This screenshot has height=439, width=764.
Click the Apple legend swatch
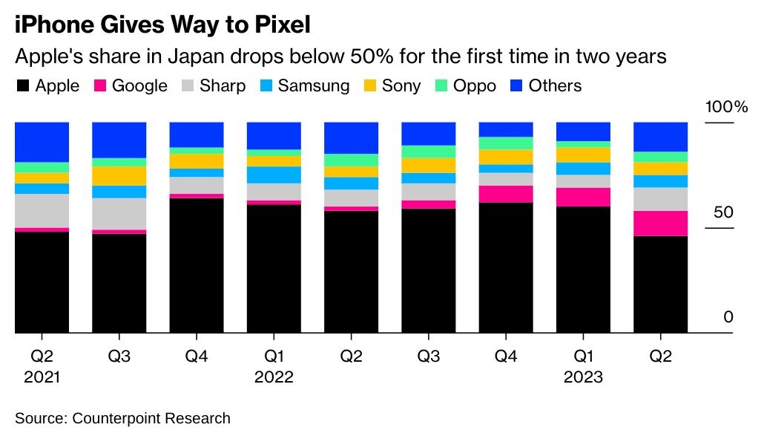pos(22,86)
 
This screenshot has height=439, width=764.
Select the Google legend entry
pos(139,86)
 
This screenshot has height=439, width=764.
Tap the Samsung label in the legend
pos(313,86)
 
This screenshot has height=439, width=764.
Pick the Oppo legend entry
pos(475,86)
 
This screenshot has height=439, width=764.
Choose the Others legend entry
pos(555,86)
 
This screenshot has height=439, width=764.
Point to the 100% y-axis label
pos(726,107)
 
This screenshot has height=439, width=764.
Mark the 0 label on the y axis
pos(728,317)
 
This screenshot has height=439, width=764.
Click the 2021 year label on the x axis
pos(42,377)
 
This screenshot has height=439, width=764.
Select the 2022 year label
pos(274,377)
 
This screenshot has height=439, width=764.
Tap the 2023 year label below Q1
pos(583,377)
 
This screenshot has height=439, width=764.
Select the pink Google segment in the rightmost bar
pos(660,224)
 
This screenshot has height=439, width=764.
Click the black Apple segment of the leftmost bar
pos(42,282)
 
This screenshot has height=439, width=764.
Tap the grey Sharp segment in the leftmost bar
pos(42,210)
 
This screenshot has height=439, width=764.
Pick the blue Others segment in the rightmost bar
pos(660,137)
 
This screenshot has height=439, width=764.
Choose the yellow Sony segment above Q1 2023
pos(583,155)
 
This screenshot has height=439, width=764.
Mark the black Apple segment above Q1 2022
pos(274,269)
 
